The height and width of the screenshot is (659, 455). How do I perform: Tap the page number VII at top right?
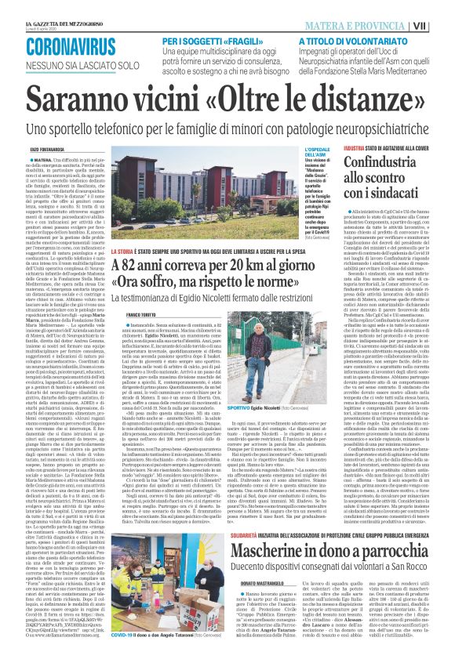pyautogui.click(x=442, y=26)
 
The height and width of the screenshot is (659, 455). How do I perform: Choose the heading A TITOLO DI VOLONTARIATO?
pyautogui.click(x=356, y=40)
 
